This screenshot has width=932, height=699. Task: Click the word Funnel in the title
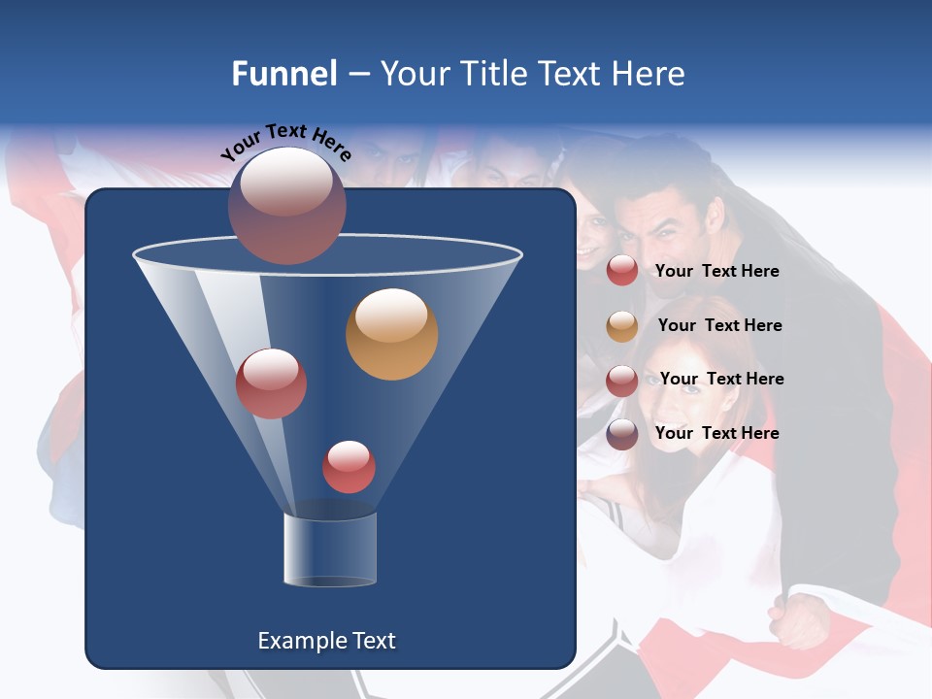coord(283,74)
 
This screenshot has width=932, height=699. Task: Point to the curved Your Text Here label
coord(286,142)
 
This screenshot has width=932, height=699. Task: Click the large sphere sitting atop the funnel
coord(287,205)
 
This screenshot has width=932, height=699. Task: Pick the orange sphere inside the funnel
coord(391,334)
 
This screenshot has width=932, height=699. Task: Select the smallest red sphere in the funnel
coord(349,466)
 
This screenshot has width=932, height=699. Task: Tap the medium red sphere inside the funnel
coord(271,383)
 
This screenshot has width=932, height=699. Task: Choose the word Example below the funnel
coord(301,641)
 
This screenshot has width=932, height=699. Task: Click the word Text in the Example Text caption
coord(372,641)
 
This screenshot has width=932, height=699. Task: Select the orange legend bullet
coord(622,326)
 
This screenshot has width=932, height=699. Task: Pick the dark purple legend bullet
coord(622,434)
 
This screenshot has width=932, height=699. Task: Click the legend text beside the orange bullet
coord(719,325)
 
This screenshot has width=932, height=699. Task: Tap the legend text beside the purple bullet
coord(716,433)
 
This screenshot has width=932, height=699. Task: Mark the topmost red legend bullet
coord(622,271)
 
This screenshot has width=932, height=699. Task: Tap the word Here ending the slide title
coord(648,74)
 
